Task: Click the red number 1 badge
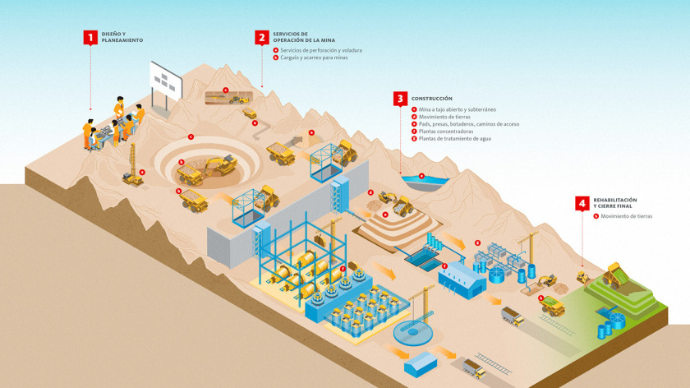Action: coord(90,37)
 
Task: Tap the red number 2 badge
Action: coord(261,37)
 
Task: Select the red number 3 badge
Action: coord(400,99)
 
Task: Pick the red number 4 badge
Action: coord(582,202)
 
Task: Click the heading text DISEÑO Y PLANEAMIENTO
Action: coord(122,37)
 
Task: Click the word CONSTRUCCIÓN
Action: coord(432,99)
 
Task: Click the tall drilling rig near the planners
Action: coord(131,164)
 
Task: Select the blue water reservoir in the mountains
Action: coord(422,180)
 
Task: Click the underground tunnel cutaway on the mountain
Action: coord(228,98)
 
